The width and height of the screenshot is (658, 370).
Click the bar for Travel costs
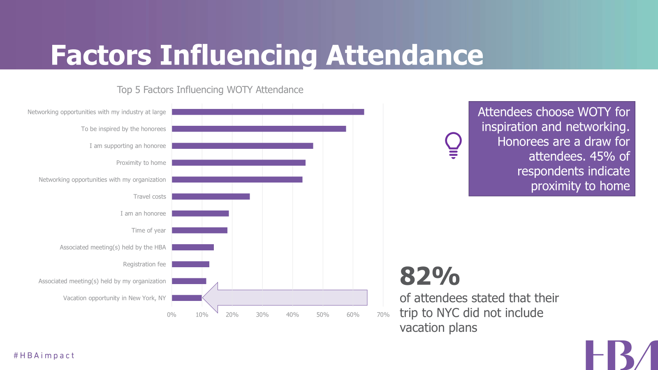click(211, 197)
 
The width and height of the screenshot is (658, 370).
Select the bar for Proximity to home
click(239, 163)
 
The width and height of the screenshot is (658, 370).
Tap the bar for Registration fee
click(190, 264)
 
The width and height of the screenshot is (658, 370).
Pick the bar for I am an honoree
click(200, 213)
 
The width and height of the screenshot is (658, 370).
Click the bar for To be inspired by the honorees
click(259, 129)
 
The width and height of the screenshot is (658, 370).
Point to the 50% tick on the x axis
click(323, 315)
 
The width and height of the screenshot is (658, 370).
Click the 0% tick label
click(171, 315)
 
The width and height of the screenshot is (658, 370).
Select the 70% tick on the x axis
click(383, 315)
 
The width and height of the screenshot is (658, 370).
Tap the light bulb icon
click(453, 145)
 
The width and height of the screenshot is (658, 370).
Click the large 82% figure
click(429, 276)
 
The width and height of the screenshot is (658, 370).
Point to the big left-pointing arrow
click(285, 298)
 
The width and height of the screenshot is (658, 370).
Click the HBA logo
click(621, 355)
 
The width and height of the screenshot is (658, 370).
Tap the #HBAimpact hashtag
click(44, 356)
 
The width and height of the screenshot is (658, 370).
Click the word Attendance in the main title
click(405, 55)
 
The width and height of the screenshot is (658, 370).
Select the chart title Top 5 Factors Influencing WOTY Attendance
click(210, 90)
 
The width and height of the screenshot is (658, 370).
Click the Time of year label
click(148, 231)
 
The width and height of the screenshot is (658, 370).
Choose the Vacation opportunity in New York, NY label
click(114, 298)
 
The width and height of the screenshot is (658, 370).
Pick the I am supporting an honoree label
click(127, 146)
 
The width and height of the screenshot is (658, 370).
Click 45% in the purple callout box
click(602, 157)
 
